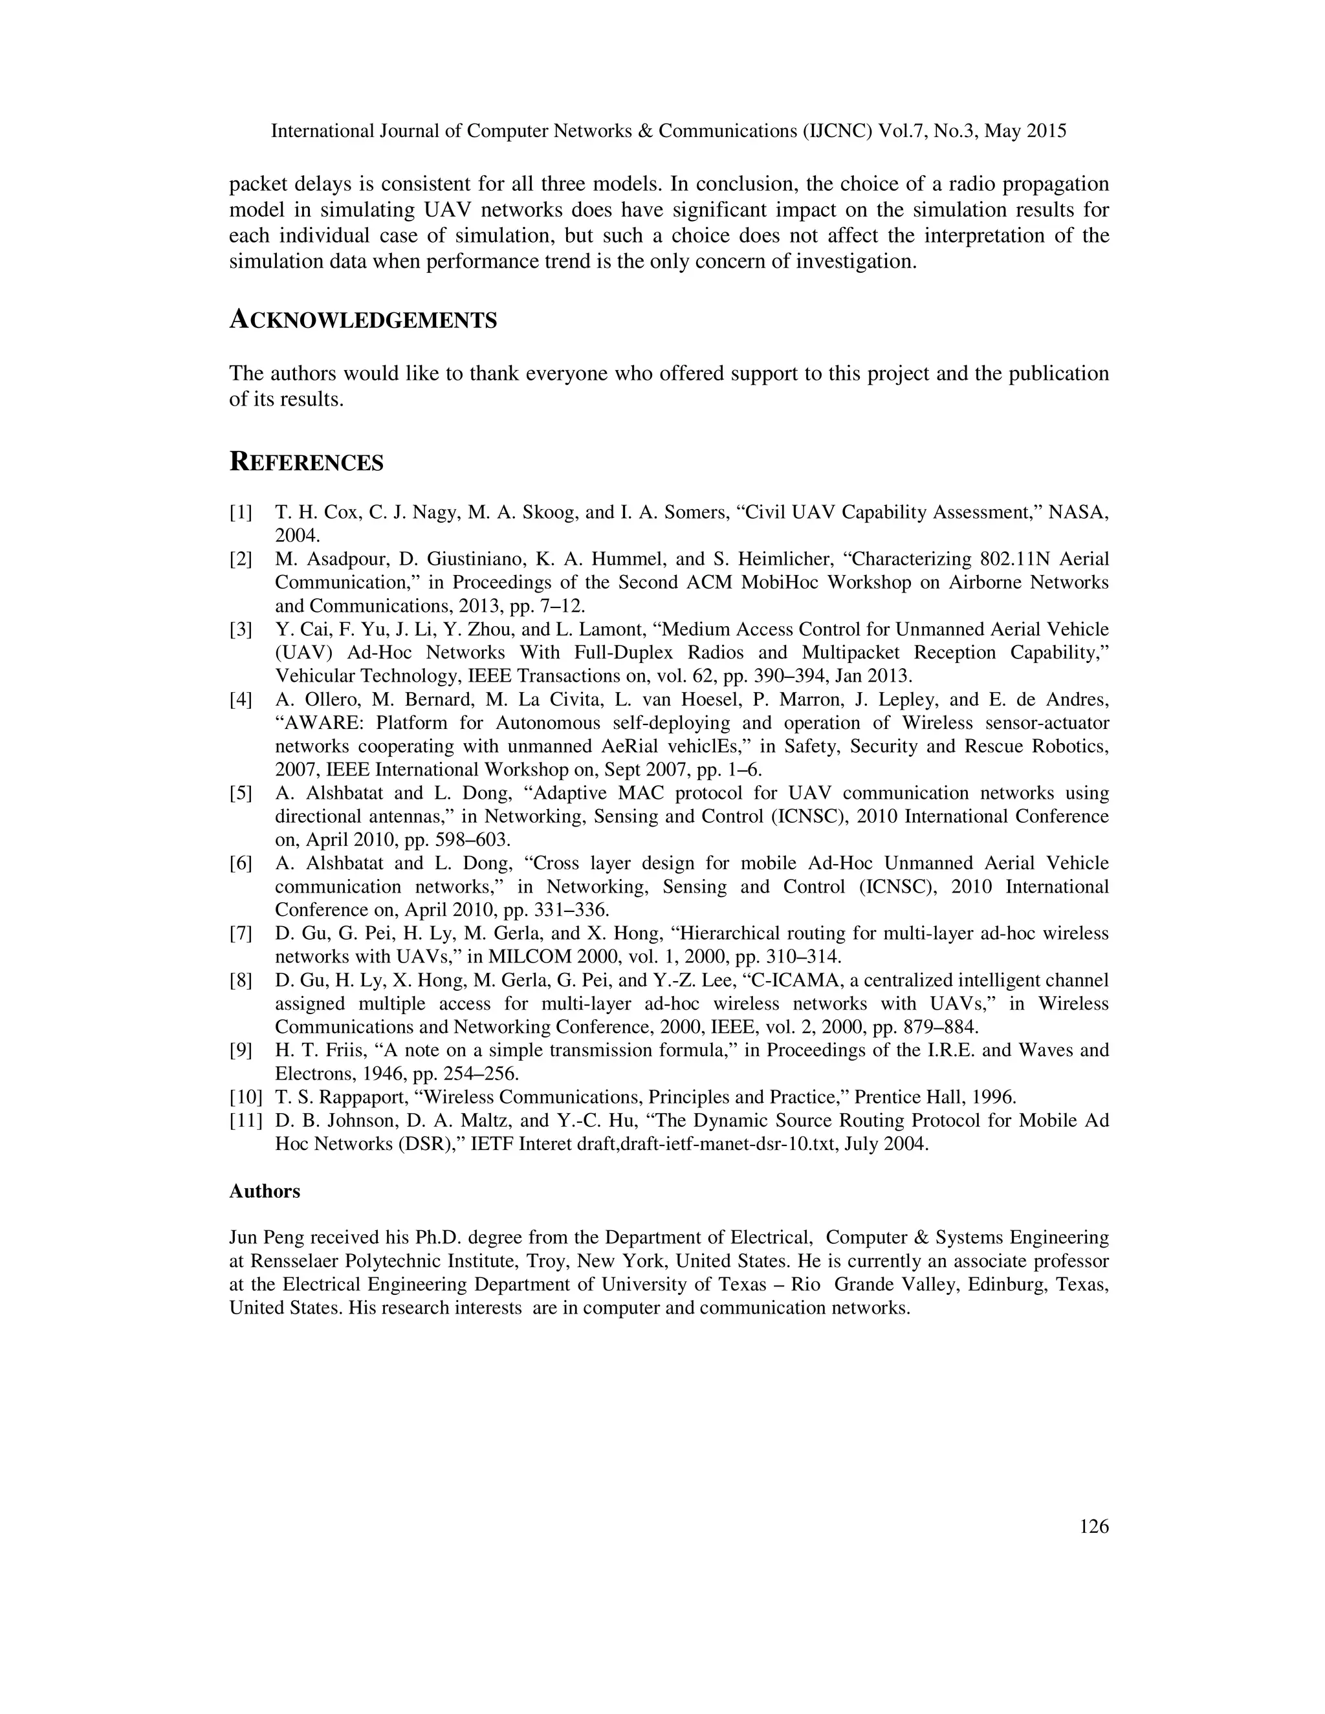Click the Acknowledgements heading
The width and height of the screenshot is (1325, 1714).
coord(363,320)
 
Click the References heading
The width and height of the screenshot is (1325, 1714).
coord(306,462)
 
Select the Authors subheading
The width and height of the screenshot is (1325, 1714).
coord(265,1191)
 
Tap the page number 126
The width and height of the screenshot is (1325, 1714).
coord(1093,1526)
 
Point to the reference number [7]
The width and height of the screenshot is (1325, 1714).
coord(241,933)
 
